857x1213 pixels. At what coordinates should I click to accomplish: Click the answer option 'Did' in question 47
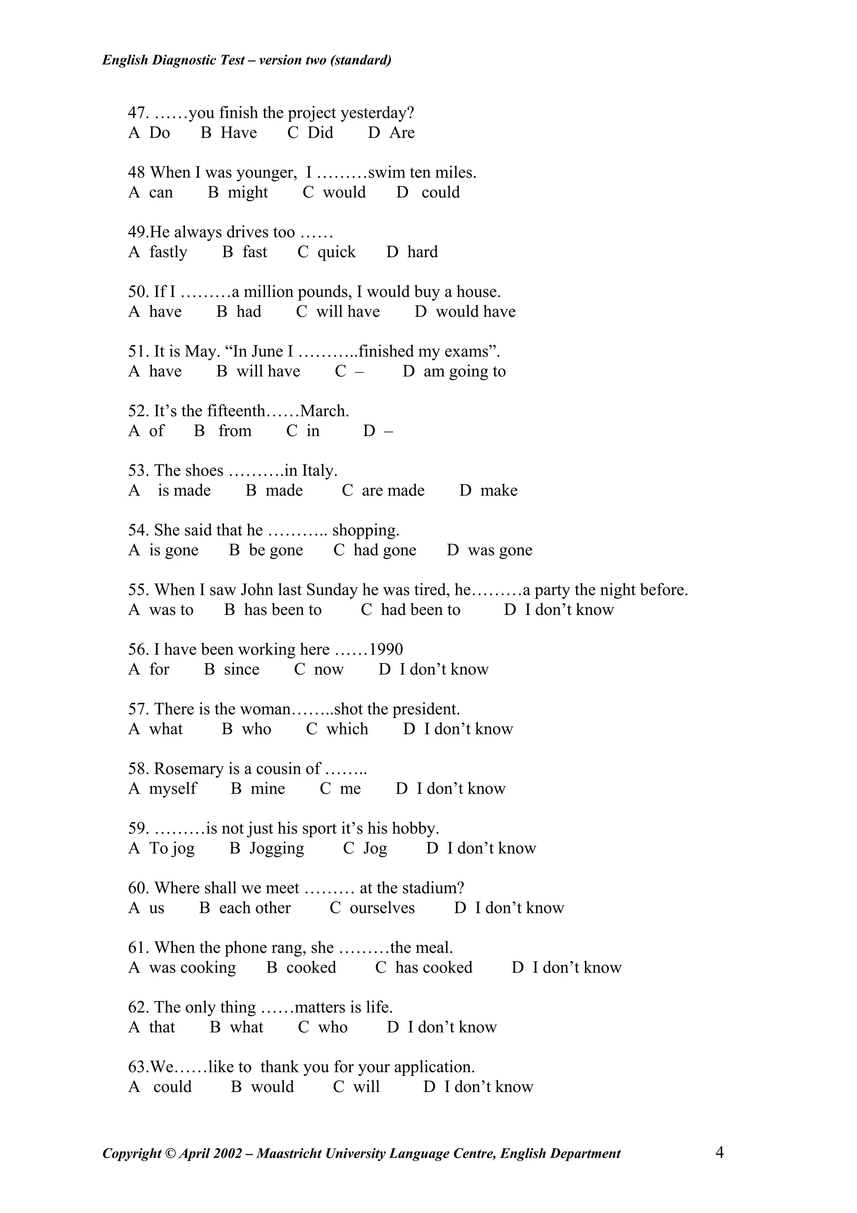(x=320, y=133)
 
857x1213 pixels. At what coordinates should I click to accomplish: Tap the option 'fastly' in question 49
(x=168, y=252)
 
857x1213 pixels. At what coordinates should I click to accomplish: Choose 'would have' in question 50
(x=475, y=312)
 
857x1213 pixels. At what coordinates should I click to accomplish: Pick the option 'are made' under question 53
(x=393, y=491)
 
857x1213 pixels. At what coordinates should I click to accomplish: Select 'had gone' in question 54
(x=385, y=550)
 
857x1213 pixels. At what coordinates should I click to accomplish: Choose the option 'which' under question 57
(x=347, y=730)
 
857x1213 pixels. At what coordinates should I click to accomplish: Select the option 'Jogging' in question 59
(x=277, y=849)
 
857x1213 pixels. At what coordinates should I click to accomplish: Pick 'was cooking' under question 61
(x=192, y=968)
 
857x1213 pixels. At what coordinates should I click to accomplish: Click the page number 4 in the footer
(x=720, y=1153)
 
